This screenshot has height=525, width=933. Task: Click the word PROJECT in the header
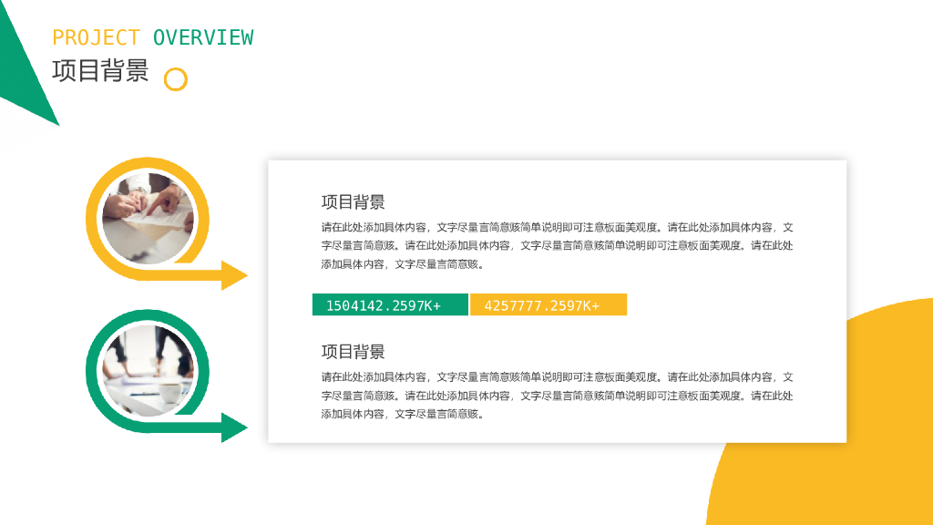(96, 37)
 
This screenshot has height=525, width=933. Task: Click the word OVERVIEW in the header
(203, 37)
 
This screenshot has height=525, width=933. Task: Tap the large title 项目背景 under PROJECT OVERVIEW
(100, 71)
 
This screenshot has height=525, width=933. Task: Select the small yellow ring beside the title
(175, 79)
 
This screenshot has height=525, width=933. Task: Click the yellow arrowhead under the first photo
(234, 274)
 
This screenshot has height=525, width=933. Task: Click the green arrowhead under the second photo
(234, 427)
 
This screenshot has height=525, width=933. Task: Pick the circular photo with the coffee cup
(148, 370)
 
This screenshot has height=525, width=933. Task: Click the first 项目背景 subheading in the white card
(353, 202)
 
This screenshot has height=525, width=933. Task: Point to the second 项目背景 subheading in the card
(353, 352)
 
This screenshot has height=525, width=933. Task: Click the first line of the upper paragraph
(557, 227)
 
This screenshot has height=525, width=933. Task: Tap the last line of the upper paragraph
(401, 264)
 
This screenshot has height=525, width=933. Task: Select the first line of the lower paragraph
(557, 376)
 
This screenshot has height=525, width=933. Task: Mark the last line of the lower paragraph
(401, 414)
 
